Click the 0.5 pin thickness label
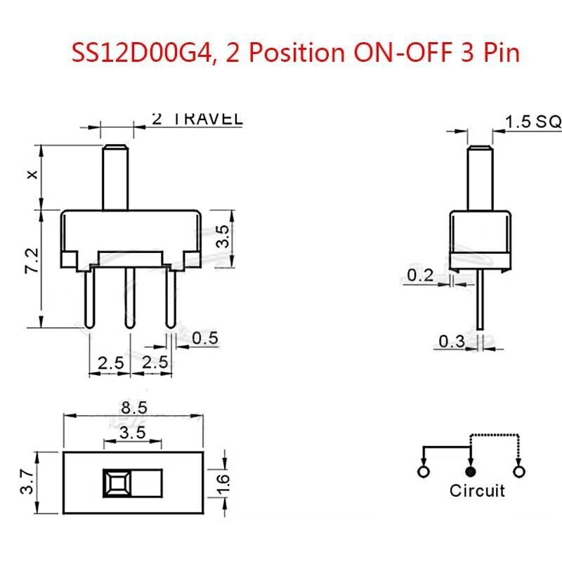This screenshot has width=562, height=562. [x=204, y=339]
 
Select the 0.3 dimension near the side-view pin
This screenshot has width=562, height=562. [x=452, y=342]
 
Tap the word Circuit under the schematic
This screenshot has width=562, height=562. [x=477, y=490]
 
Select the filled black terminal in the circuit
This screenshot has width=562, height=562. [x=471, y=471]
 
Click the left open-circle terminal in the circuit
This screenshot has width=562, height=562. [x=423, y=471]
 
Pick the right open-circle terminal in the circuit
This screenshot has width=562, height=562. [x=520, y=471]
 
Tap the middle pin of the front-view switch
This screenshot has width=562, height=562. [x=129, y=299]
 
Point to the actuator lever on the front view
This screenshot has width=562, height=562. [x=115, y=176]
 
